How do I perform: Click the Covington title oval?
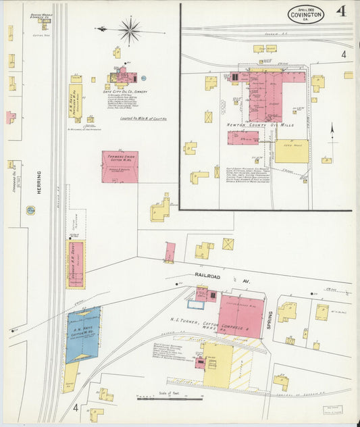(x=305, y=14)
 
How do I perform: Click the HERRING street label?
(x=39, y=182)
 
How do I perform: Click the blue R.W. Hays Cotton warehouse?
(x=83, y=334)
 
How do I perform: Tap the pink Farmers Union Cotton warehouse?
(x=120, y=167)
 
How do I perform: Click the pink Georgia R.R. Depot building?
(x=75, y=264)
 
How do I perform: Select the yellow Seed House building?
(x=291, y=151)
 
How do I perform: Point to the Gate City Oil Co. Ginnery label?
(x=125, y=91)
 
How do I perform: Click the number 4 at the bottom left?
(x=76, y=407)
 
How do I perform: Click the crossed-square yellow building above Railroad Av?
(x=228, y=244)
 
